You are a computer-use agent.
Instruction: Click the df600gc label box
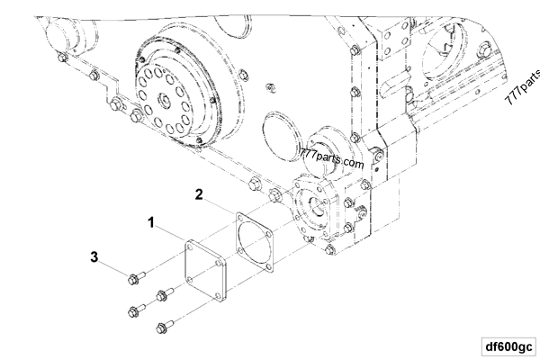[508, 345]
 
